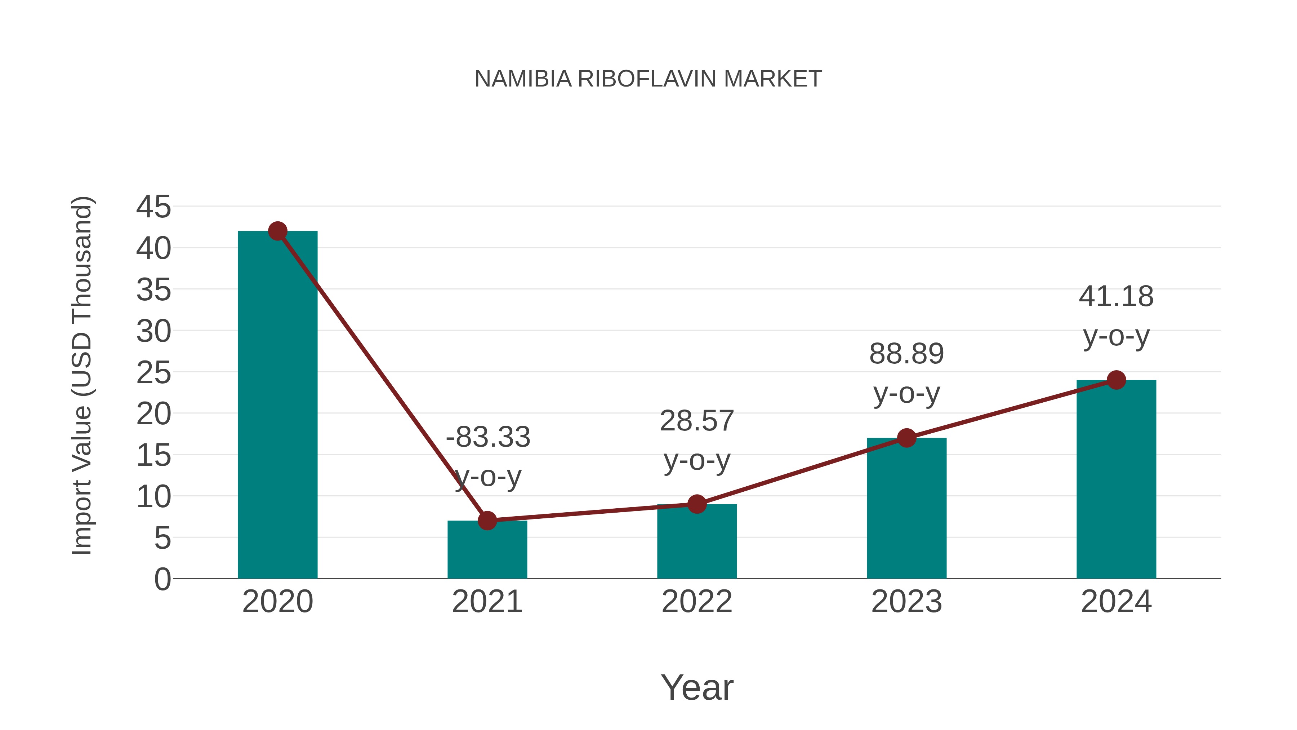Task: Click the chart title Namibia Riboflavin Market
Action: tap(648, 79)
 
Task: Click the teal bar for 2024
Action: tap(1116, 479)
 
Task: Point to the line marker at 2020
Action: tap(277, 231)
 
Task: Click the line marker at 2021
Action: tap(487, 521)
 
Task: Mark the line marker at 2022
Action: tap(697, 504)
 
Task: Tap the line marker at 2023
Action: tap(906, 438)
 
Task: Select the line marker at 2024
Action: tap(1116, 380)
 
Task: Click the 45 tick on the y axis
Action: tap(153, 207)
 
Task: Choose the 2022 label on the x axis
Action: tap(697, 602)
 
